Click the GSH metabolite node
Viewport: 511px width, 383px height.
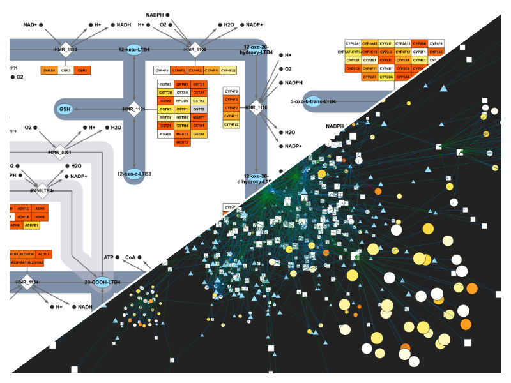point(65,109)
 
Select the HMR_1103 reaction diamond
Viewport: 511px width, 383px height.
point(65,49)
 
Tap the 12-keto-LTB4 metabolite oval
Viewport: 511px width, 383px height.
point(133,49)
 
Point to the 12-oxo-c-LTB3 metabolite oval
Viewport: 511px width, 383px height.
point(134,173)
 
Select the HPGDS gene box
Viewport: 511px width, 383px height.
point(182,101)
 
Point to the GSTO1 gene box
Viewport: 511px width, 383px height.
point(199,84)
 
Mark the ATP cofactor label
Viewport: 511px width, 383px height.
point(108,257)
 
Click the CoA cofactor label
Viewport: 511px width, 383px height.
point(130,257)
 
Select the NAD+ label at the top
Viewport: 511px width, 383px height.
point(31,24)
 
